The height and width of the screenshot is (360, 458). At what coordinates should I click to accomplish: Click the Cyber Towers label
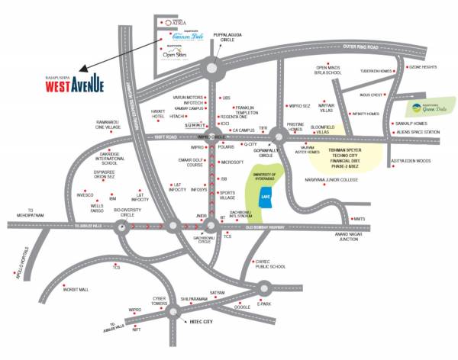click(x=160, y=301)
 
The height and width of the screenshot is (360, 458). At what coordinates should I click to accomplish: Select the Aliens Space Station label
click(x=420, y=133)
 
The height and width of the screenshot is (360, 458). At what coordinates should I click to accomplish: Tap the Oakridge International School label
click(x=99, y=157)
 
